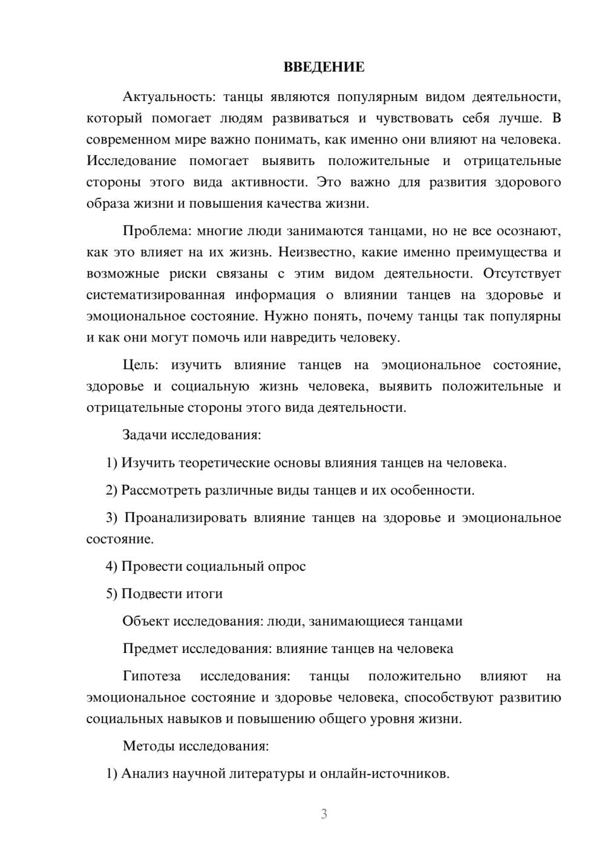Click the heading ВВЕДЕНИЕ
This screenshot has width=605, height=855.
pos(324,67)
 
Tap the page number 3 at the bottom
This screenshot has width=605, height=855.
pos(324,814)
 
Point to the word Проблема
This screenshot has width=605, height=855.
pos(149,231)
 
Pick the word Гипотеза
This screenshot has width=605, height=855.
pos(151,676)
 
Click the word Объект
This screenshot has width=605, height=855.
pos(146,621)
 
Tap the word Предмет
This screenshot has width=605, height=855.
pos(150,649)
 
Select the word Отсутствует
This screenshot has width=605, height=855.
pos(522,273)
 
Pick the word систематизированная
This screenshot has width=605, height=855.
pos(155,295)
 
